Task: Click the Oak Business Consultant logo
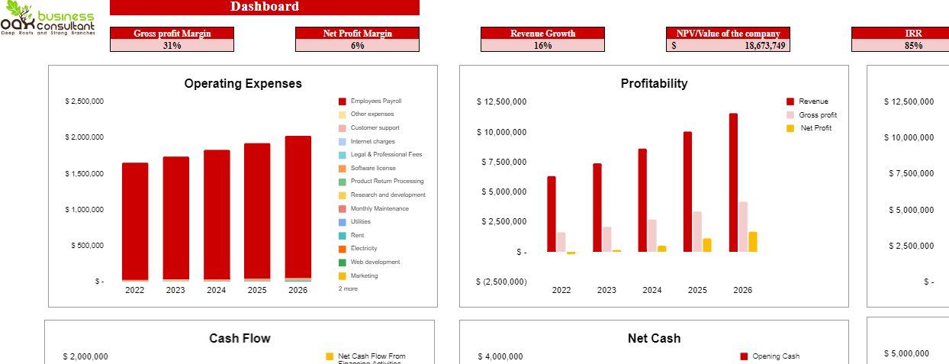tap(47, 21)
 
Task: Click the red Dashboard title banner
tap(264, 7)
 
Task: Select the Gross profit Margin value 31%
tap(172, 46)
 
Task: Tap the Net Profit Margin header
tap(357, 33)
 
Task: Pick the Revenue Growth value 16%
tap(542, 46)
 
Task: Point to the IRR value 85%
tap(913, 46)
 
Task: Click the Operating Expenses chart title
tap(243, 84)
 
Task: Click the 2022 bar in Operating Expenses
tap(135, 221)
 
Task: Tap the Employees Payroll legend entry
tap(375, 101)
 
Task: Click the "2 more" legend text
tap(348, 289)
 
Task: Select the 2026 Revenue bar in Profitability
tap(733, 182)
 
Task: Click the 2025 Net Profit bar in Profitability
tap(707, 245)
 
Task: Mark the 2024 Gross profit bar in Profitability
tap(652, 235)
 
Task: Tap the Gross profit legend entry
tap(817, 115)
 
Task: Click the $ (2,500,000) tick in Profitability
tap(501, 282)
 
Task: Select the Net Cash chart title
tap(654, 338)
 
